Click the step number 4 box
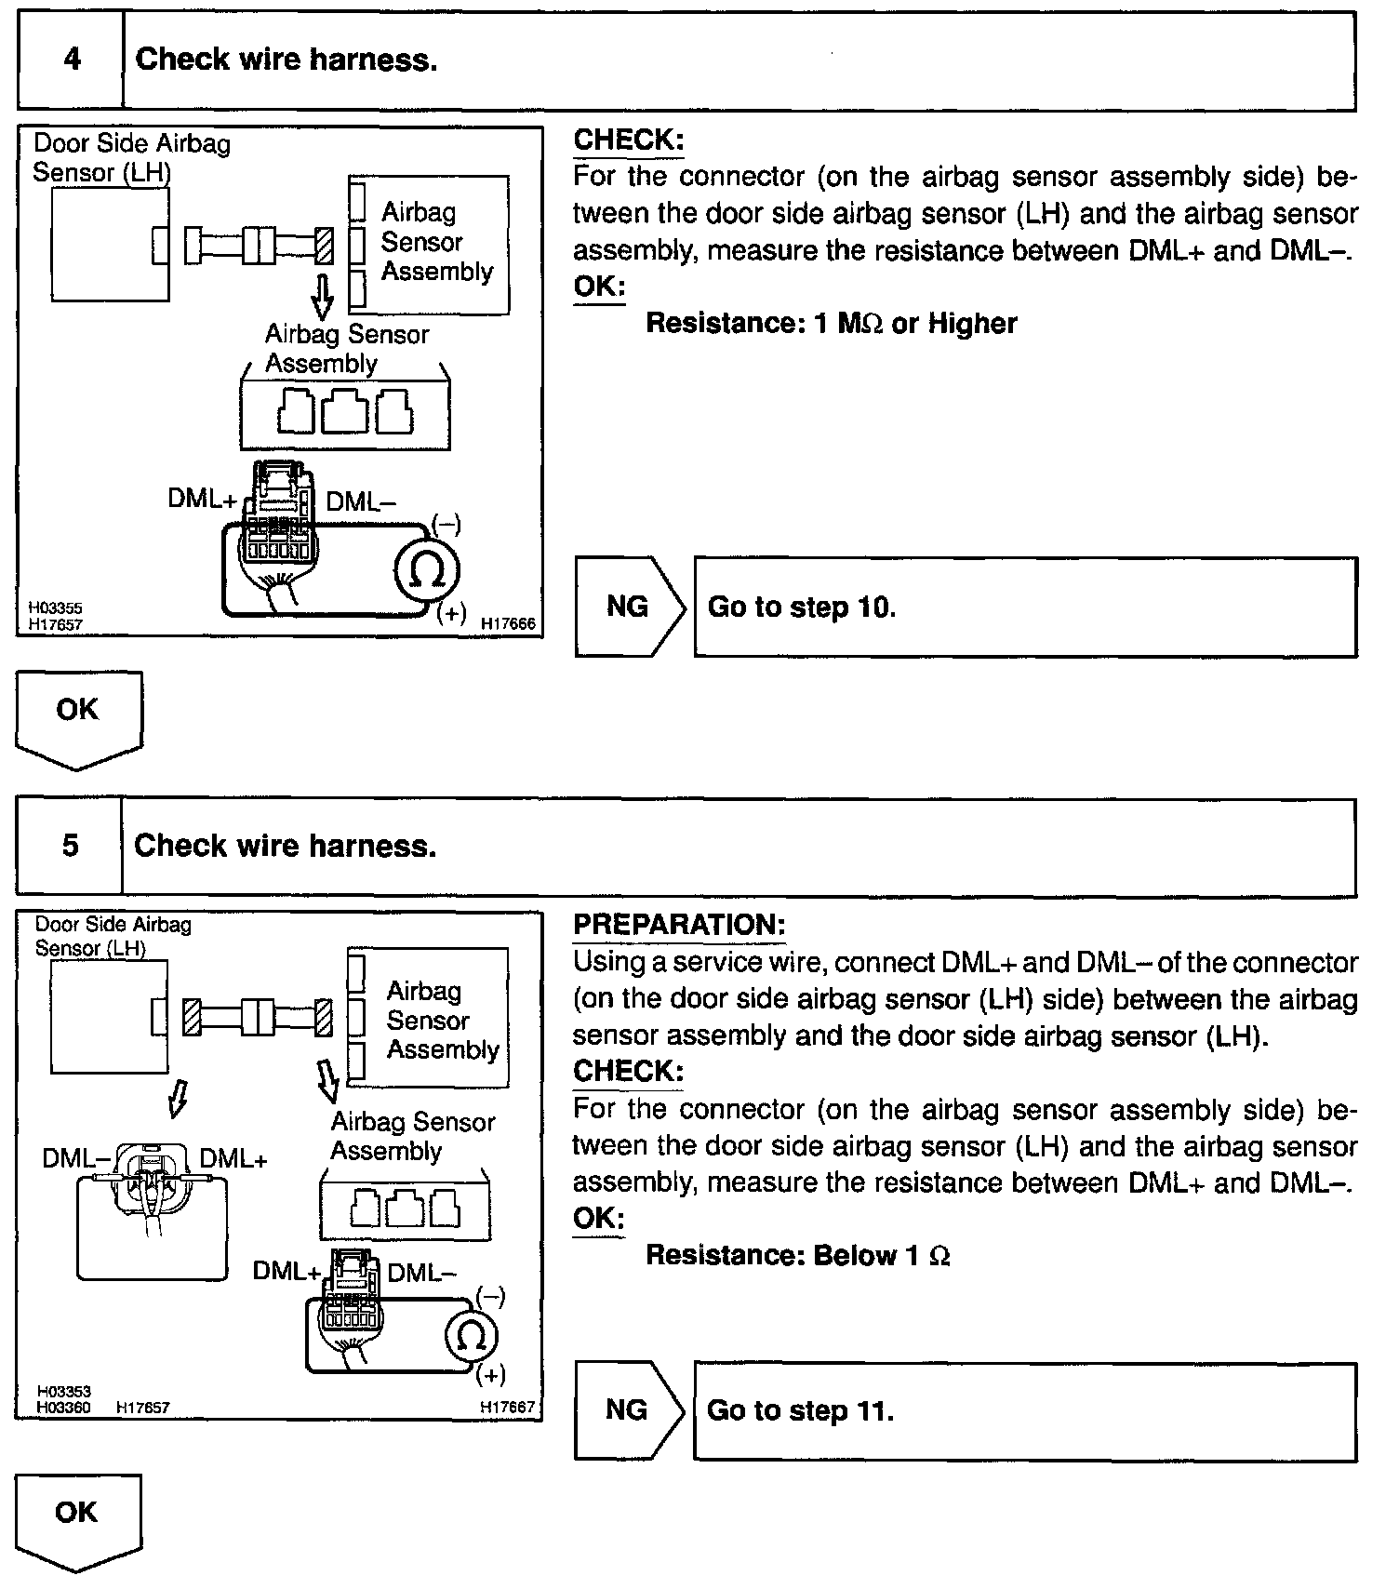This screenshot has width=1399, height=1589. point(71,60)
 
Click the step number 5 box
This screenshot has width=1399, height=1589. point(70,846)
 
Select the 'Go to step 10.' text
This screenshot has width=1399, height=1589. point(802,608)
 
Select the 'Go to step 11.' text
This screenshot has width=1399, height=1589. point(800,1411)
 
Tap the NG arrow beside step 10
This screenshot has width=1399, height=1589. point(629,607)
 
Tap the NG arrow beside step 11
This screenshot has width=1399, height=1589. point(628,1410)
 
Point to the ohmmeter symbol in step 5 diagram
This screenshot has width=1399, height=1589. point(472,1338)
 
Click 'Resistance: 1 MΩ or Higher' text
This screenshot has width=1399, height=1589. point(831,324)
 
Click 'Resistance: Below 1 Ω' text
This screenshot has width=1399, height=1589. point(797,1256)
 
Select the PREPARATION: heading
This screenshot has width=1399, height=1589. point(679,925)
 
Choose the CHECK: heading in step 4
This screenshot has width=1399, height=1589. point(628,140)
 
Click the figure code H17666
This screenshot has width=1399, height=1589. point(508,624)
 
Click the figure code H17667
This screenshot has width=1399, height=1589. point(508,1408)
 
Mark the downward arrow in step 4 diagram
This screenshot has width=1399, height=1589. point(322,295)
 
